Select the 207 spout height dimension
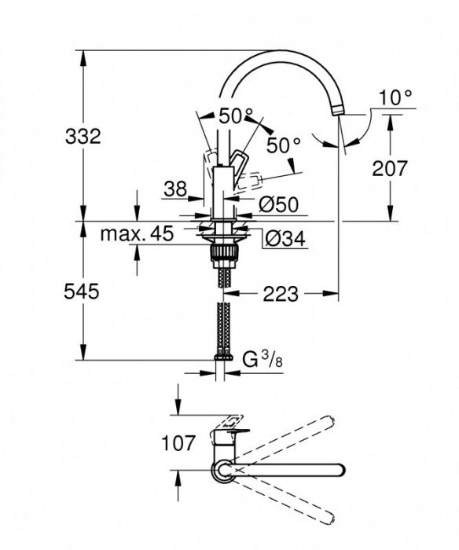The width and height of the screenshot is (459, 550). (391, 167)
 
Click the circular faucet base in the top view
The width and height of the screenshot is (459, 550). (221, 470)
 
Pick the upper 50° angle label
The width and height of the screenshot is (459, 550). (236, 117)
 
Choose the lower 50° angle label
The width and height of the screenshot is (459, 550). (284, 145)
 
